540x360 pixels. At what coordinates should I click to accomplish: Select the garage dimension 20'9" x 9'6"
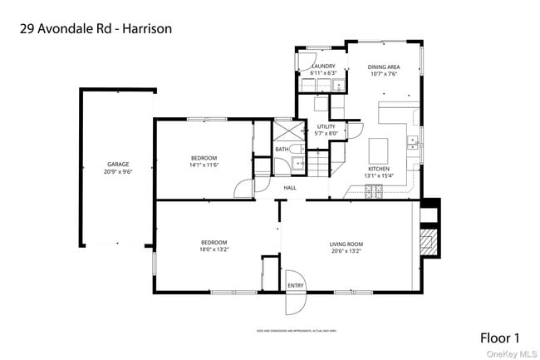click(117, 171)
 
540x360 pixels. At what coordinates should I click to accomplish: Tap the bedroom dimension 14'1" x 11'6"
click(204, 165)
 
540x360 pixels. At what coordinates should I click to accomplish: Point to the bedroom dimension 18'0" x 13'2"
click(214, 249)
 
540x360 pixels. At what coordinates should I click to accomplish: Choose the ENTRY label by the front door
click(296, 286)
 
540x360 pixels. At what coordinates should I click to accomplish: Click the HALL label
click(290, 188)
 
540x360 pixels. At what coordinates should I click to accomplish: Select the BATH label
click(282, 150)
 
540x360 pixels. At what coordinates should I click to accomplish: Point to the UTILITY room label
click(326, 126)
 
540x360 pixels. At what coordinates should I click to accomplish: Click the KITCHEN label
click(378, 169)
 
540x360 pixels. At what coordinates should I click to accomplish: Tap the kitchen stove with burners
click(372, 193)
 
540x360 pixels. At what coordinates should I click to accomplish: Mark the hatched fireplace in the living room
click(429, 243)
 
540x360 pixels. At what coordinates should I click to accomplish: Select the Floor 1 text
click(500, 338)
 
